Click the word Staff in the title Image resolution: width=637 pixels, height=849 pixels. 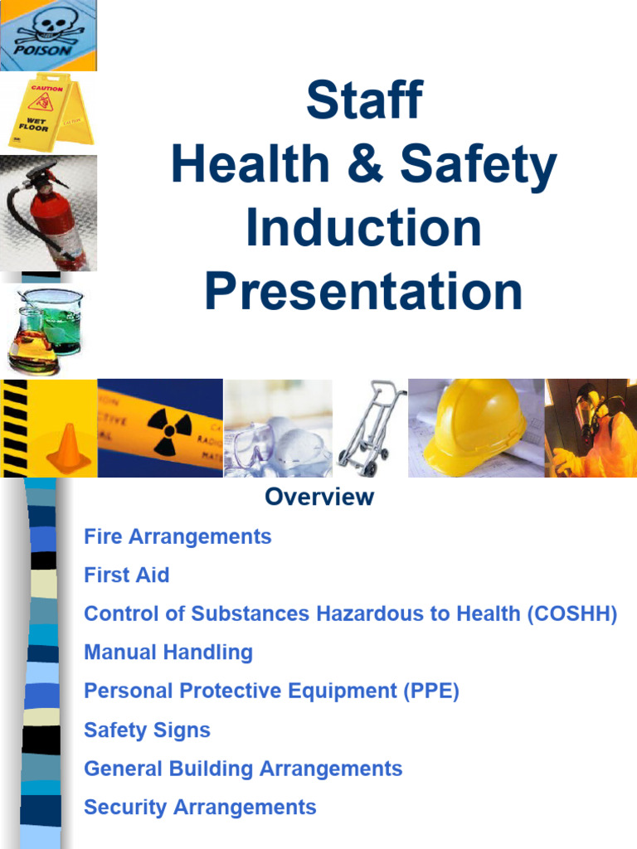[x=363, y=100]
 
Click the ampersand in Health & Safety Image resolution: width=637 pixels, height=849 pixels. [x=368, y=165]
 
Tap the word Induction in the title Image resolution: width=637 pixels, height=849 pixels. [x=363, y=228]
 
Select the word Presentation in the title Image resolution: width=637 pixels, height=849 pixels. [x=363, y=292]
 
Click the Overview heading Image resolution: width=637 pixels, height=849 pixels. [x=319, y=497]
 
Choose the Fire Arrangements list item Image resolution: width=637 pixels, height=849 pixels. [x=177, y=536]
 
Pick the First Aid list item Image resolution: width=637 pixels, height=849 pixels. [x=126, y=575]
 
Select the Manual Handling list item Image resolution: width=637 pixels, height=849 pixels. [x=168, y=653]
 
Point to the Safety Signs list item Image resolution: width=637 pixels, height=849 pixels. [x=147, y=730]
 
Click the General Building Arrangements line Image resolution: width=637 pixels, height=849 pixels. [x=243, y=769]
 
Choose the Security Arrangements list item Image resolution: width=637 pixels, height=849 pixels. [x=200, y=807]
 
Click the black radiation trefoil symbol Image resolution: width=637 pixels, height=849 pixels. [x=169, y=429]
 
